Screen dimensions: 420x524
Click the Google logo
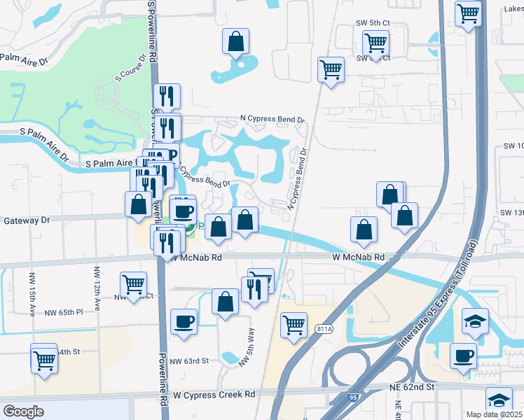tap(24, 412)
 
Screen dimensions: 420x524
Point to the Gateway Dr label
tap(27, 220)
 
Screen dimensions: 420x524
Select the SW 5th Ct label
tap(371, 23)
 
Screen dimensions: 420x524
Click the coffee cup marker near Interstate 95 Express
tap(462, 355)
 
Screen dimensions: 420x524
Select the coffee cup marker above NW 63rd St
tap(184, 321)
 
